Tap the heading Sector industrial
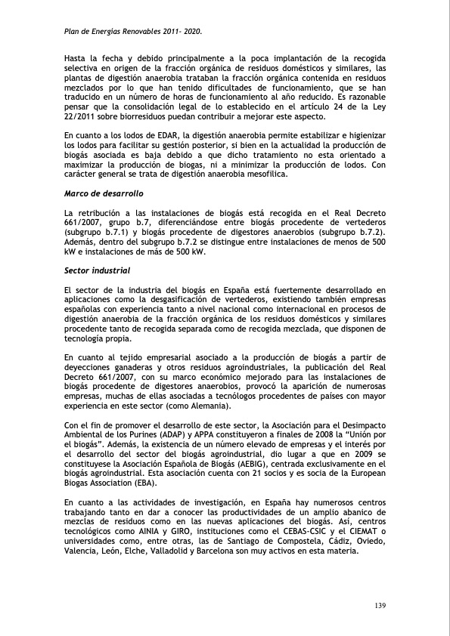click(97, 270)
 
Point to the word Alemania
click(231, 406)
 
